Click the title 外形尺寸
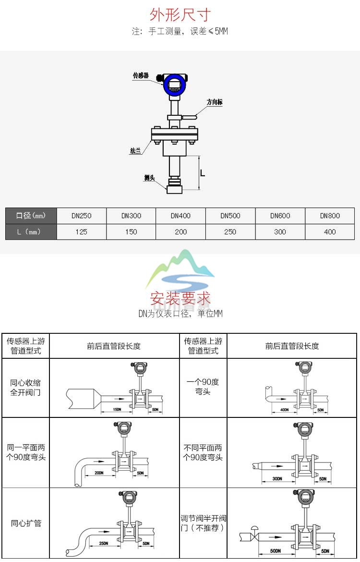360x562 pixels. point(180,15)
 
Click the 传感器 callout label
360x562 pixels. point(141,76)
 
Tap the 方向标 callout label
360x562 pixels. point(215,102)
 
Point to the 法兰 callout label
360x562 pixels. point(135,151)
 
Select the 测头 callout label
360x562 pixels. point(149,178)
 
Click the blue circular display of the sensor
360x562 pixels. point(174,86)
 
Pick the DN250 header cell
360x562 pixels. point(81,216)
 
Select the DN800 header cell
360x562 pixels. point(330,216)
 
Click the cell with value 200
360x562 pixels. point(180,232)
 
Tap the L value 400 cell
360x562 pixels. point(330,232)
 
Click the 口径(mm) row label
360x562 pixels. point(31,216)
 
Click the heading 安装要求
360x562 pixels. point(180,299)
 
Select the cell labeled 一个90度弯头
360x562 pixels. point(203,387)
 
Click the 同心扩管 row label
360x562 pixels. point(26,523)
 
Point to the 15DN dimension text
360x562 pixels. point(117,409)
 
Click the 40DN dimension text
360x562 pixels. point(284,410)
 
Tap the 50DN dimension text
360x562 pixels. point(275,550)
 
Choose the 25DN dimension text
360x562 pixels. point(103,543)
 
